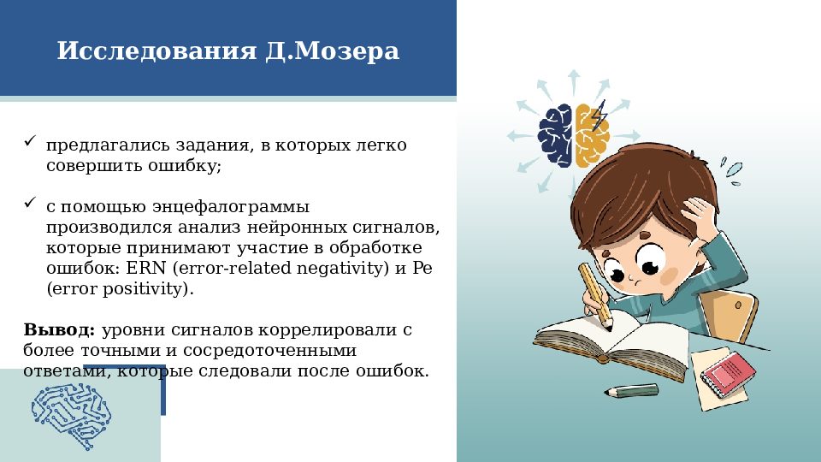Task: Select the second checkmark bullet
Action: pos(29,204)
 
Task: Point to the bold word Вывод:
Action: pos(59,329)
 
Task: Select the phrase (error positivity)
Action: pos(120,289)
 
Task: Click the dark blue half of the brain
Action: pos(557,134)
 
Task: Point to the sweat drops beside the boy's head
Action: pos(729,169)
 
